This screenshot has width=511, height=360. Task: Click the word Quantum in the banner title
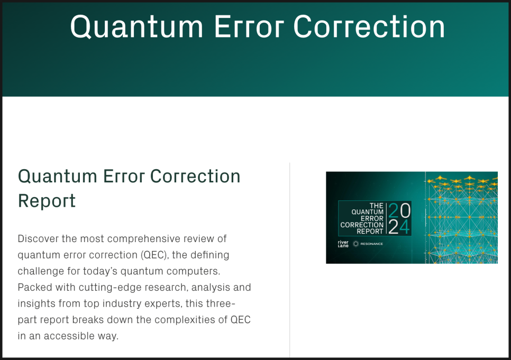[137, 27]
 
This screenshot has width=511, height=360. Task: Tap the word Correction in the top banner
[369, 27]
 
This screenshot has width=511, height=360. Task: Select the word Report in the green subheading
[47, 201]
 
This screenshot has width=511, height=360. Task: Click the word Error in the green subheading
[123, 177]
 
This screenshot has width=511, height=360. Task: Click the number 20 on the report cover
[399, 210]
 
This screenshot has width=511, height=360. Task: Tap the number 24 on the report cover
[399, 227]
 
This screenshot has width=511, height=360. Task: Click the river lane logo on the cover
[343, 244]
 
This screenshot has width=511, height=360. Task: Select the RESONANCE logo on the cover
[368, 244]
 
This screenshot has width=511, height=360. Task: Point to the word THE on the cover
[377, 206]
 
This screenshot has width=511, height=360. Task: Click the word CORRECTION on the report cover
[362, 225]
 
